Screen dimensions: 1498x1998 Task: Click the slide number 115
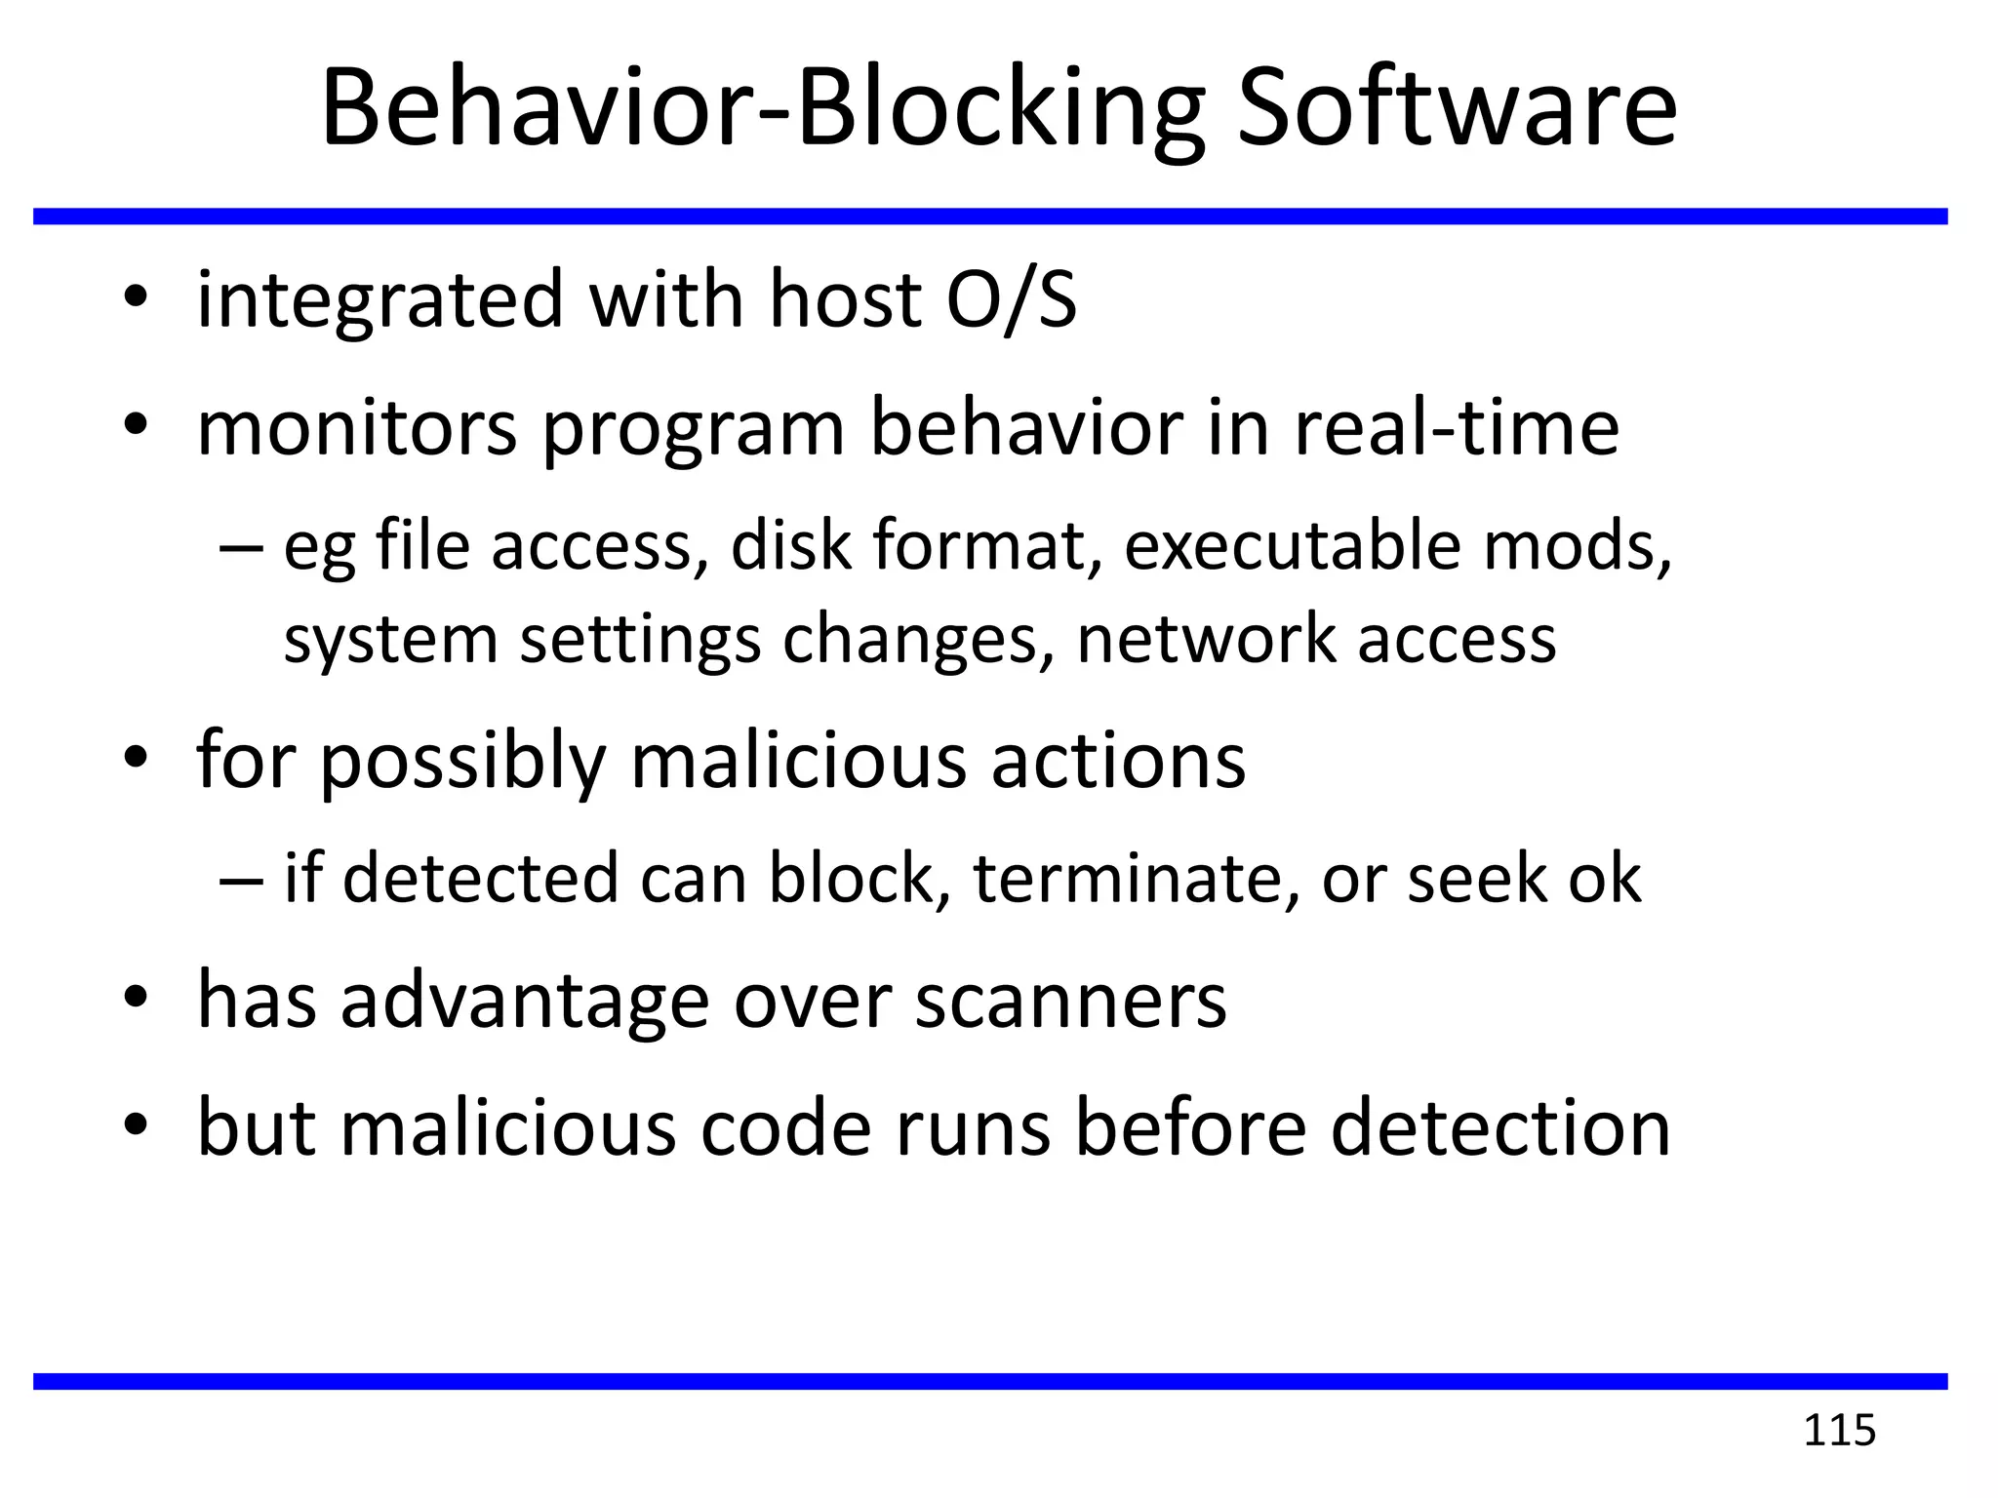coord(1839,1431)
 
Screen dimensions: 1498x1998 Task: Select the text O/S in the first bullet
coord(1012,298)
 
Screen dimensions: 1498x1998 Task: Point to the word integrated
coord(380,298)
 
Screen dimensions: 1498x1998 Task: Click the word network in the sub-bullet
coord(1206,639)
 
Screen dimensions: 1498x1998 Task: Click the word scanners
coord(1070,1001)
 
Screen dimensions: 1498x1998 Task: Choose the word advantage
coord(525,1003)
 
